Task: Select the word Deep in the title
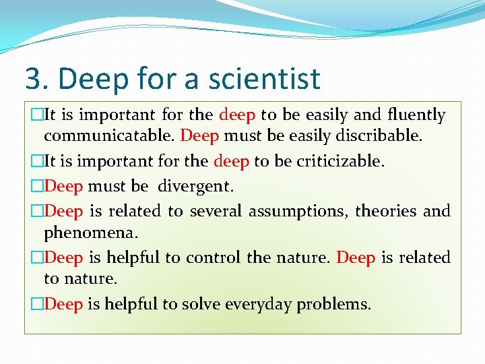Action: (x=96, y=78)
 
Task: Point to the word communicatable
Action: (x=109, y=135)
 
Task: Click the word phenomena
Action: (x=90, y=233)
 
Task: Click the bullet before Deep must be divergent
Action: (x=38, y=185)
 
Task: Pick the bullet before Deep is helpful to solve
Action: (x=38, y=304)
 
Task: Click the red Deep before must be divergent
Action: (x=63, y=185)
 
